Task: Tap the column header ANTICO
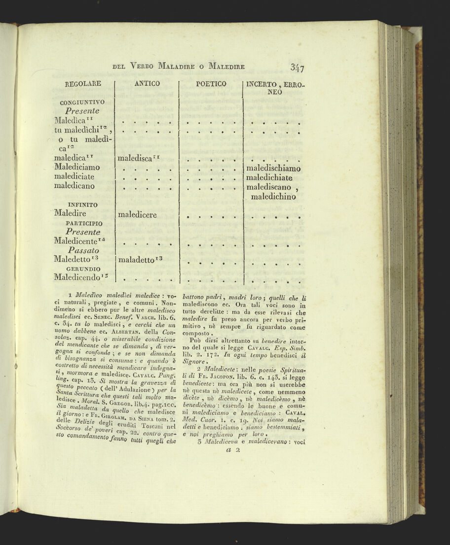(147, 84)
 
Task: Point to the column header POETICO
(211, 84)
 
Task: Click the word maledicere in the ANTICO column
(137, 215)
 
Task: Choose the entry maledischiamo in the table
(273, 169)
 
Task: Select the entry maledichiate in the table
(269, 177)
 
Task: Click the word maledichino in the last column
(273, 197)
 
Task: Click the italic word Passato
(82, 250)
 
